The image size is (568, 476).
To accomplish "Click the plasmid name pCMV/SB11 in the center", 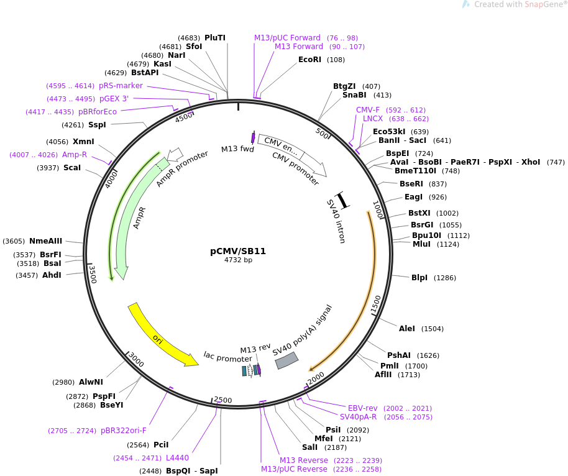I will pyautogui.click(x=238, y=251).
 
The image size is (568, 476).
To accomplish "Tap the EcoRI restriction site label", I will pyautogui.click(x=309, y=60).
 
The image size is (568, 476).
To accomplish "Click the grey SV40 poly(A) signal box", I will pyautogui.click(x=286, y=360).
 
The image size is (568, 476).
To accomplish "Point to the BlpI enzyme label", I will pyautogui.click(x=419, y=278).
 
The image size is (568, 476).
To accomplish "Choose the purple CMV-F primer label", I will pyautogui.click(x=368, y=110).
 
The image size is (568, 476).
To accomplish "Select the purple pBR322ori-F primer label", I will pyautogui.click(x=124, y=430).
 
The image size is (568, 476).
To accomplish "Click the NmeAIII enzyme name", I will pyautogui.click(x=46, y=241).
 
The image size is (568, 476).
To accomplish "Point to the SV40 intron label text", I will pyautogui.click(x=336, y=221).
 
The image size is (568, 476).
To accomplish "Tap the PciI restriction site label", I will pyautogui.click(x=161, y=444).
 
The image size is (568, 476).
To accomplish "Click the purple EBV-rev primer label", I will pyautogui.click(x=363, y=408).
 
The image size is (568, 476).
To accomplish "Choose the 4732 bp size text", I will pyautogui.click(x=238, y=260).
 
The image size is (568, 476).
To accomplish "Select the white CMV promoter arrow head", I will pyautogui.click(x=321, y=170).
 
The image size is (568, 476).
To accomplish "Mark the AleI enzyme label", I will pyautogui.click(x=407, y=328).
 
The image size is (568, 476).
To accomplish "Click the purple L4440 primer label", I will pyautogui.click(x=177, y=458).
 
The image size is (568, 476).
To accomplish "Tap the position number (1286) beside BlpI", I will pyautogui.click(x=445, y=278).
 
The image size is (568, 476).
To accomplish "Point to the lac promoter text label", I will pyautogui.click(x=227, y=357).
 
